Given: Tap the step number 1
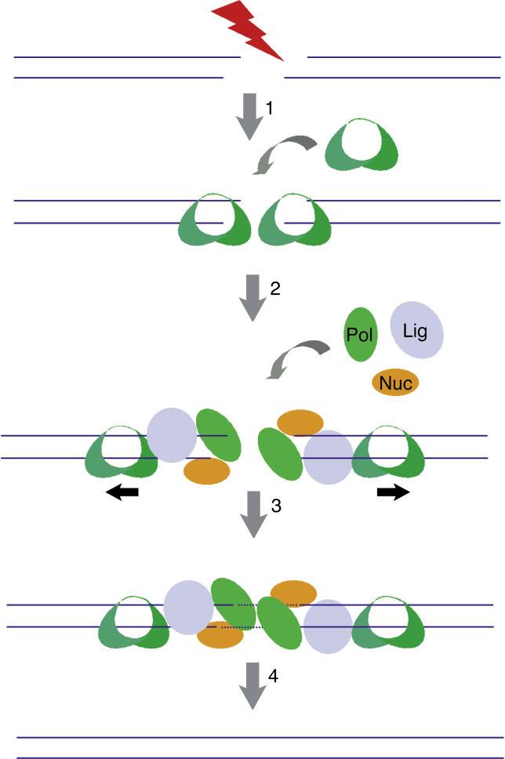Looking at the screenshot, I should pos(269,109).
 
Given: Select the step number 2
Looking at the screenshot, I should pos(274,289).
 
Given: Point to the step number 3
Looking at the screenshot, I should pos(275,506).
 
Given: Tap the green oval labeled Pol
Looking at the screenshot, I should pos(361,335).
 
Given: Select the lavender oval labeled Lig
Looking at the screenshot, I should pos(417,329).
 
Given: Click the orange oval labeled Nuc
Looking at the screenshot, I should pos(394,383).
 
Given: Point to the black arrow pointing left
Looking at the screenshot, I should pos(122,492).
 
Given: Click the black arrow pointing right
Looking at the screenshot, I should pos(393,492).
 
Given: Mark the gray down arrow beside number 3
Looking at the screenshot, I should pos(252,514).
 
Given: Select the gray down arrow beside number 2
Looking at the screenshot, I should pos(252,297).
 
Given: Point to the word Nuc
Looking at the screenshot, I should pos(394,383).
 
